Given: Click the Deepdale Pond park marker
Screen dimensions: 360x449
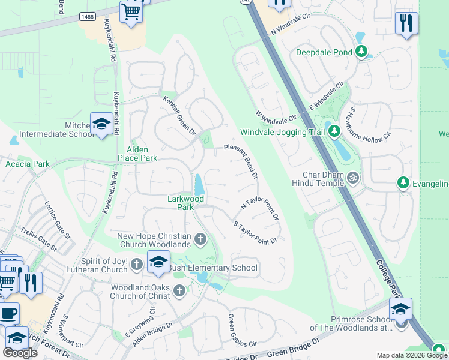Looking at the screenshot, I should point(361,52).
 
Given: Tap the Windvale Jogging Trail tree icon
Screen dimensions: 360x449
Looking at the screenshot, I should point(334,131).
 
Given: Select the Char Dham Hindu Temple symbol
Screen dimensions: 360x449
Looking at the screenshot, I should point(354,178).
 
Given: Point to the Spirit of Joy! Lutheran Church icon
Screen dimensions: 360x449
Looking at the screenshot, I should point(137,264).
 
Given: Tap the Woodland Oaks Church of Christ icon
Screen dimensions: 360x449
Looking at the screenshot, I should point(179,292).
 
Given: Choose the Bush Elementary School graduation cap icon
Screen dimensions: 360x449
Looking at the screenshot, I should point(158,262).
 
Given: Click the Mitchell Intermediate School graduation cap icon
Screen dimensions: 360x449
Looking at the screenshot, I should point(101,124).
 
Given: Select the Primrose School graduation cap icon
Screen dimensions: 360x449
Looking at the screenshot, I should point(400,310).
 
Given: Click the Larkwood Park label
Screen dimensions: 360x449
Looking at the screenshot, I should point(185,203).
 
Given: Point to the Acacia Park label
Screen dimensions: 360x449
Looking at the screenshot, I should point(28,164).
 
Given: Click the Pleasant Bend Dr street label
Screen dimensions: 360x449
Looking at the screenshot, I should point(241,161).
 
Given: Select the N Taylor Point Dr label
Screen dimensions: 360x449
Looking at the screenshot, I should point(259,210).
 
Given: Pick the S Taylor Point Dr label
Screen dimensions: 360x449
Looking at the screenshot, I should point(255,233).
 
